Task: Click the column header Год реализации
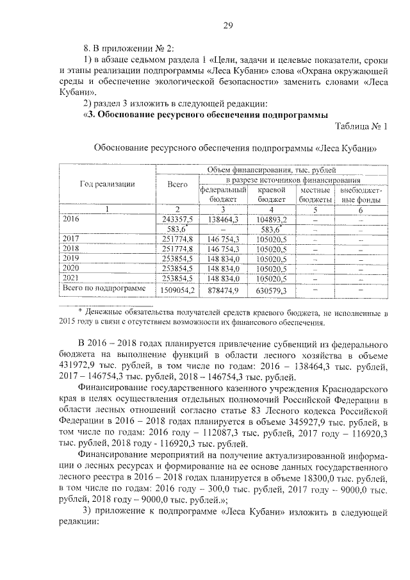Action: (107, 184)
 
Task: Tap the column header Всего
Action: (177, 184)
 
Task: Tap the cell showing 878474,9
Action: (223, 290)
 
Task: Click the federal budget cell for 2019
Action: (223, 258)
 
